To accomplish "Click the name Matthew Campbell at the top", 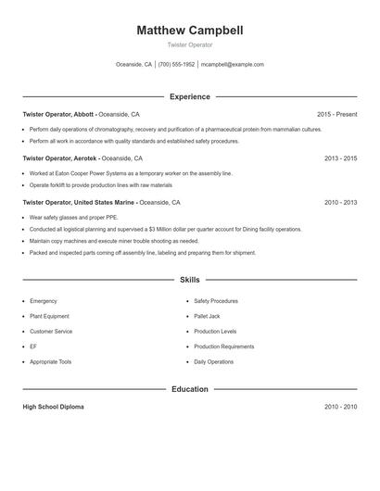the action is click(189, 30).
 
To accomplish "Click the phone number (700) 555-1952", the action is click(176, 65).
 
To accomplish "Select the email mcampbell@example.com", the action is click(233, 65).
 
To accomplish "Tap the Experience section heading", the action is click(189, 96).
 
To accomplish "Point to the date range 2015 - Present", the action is click(336, 114).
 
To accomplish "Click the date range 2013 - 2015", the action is click(340, 158).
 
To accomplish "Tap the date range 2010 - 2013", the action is click(340, 202).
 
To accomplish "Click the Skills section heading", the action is click(189, 279).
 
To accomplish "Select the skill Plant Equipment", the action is click(49, 316).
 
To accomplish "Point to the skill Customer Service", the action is click(51, 331).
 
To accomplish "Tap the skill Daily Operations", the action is click(214, 361).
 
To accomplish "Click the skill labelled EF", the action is click(33, 346).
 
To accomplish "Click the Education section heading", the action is click(189, 389).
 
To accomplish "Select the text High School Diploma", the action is click(53, 407).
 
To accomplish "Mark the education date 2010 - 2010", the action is click(340, 407).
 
